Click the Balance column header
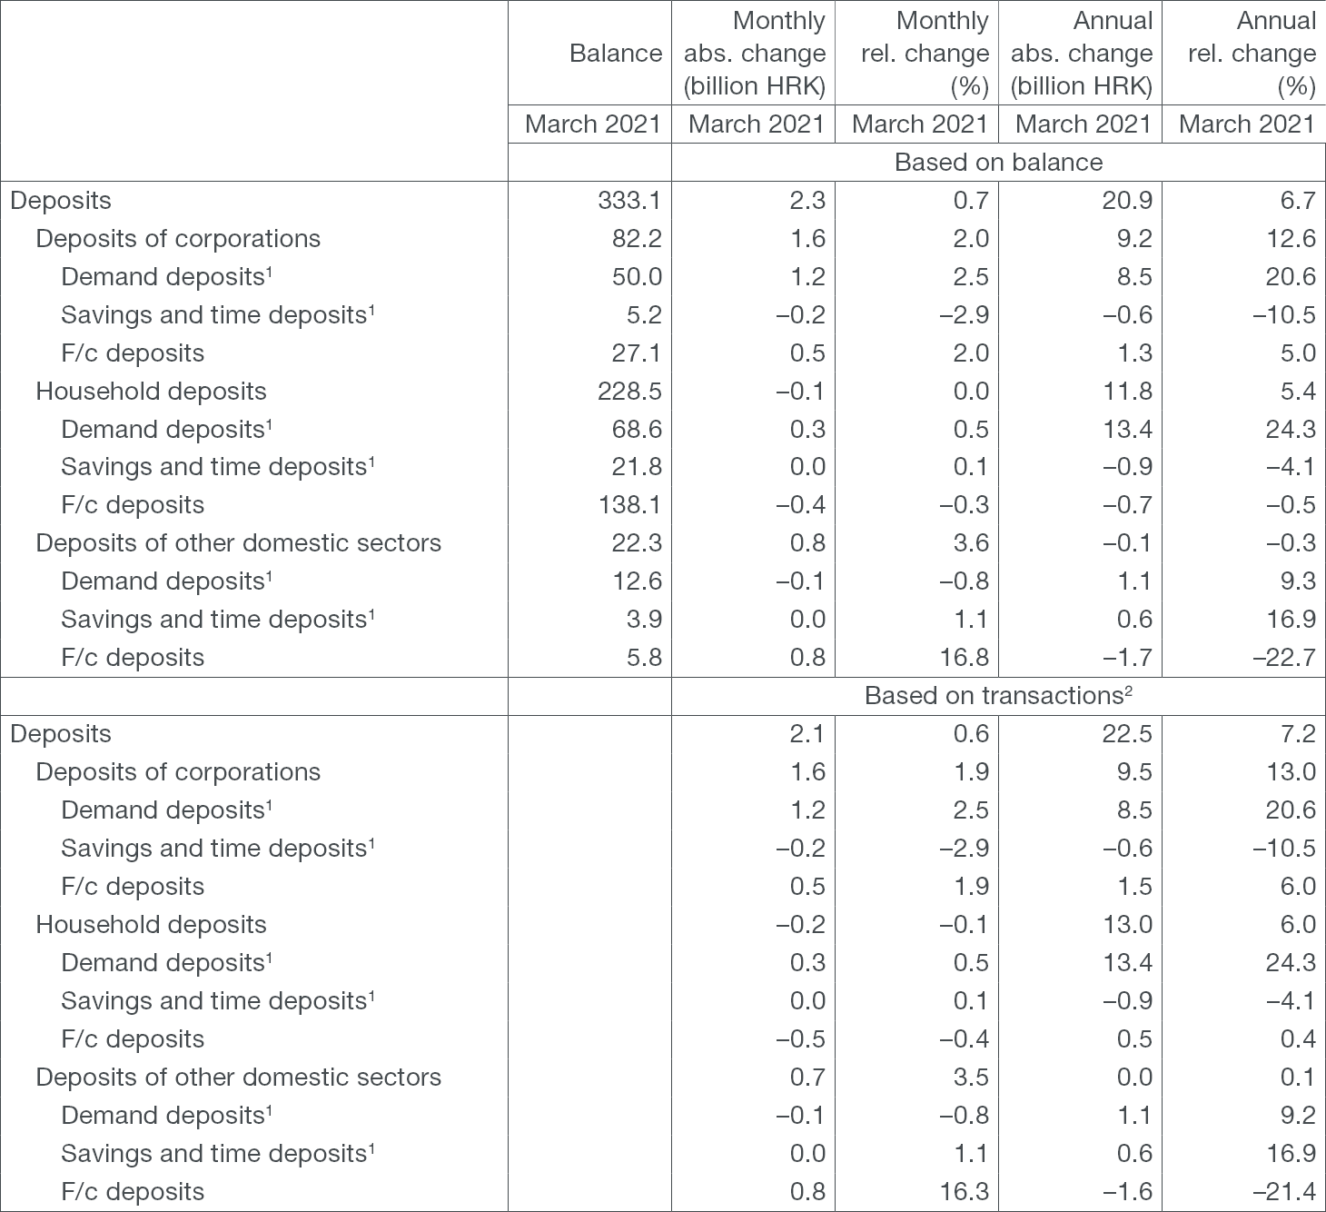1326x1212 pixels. pyautogui.click(x=615, y=54)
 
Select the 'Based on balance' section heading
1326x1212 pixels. pyautogui.click(x=998, y=163)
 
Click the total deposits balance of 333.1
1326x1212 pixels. pyautogui.click(x=629, y=201)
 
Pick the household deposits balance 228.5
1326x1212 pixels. pyautogui.click(x=629, y=392)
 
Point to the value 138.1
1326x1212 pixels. pyautogui.click(x=629, y=505)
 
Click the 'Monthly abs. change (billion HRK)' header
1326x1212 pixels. pyautogui.click(x=754, y=54)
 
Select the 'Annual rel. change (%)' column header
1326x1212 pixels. pyautogui.click(x=1252, y=54)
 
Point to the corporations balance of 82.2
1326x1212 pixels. pyautogui.click(x=637, y=239)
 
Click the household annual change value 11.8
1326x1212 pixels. pyautogui.click(x=1126, y=392)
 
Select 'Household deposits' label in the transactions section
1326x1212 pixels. pyautogui.click(x=151, y=925)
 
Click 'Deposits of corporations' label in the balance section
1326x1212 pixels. pyautogui.click(x=178, y=239)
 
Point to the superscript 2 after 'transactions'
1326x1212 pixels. pyautogui.click(x=1129, y=690)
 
